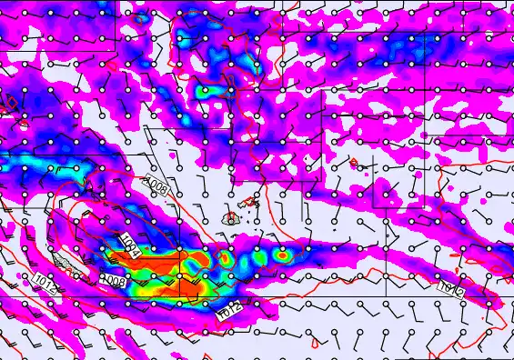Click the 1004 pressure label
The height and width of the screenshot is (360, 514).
(x=129, y=245)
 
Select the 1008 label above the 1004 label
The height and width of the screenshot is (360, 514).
(x=156, y=187)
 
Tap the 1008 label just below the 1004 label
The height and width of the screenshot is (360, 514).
(x=113, y=278)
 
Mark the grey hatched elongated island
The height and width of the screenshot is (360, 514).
(x=66, y=265)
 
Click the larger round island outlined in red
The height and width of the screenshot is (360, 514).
(x=230, y=219)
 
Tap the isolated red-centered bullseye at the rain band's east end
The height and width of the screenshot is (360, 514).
(x=283, y=256)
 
